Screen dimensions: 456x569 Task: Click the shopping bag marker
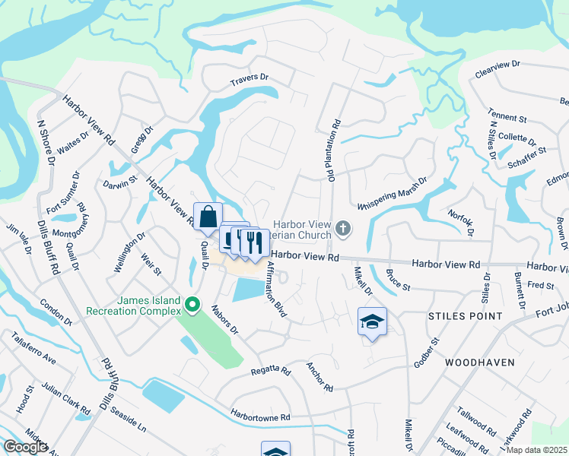(208, 217)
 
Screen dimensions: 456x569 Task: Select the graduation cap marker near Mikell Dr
(372, 322)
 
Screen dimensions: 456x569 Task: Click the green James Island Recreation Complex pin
(192, 306)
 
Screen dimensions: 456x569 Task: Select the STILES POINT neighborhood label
(465, 315)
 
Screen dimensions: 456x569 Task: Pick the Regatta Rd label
(271, 372)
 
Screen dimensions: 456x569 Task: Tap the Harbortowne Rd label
(262, 417)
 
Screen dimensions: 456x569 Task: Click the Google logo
(25, 447)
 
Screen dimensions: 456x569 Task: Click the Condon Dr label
(56, 312)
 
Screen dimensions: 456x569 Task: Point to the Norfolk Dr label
(461, 223)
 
